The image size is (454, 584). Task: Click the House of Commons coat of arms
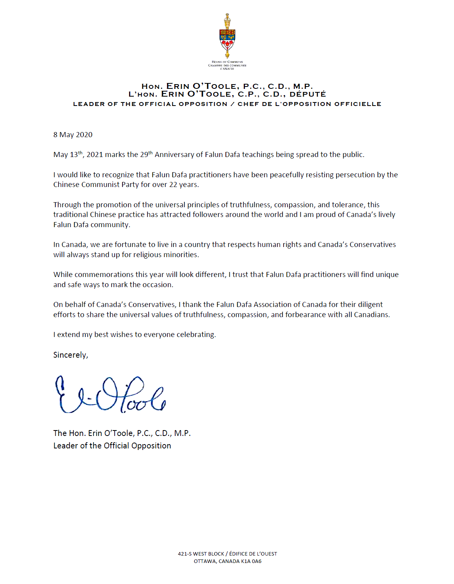pos(227,37)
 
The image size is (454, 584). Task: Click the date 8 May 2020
pos(73,135)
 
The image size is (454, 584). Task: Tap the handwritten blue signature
pos(110,394)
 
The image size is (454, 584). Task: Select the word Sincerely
pos(70,355)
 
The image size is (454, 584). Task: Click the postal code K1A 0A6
pos(251,561)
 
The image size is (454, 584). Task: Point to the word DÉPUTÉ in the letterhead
pos(307,94)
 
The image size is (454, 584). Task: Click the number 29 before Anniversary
pos(144,155)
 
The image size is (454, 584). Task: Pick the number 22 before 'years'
pos(173,185)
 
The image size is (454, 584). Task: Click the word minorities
pos(182,255)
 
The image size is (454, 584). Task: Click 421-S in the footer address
pos(184,554)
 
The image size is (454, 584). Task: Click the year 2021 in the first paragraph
pos(95,155)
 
